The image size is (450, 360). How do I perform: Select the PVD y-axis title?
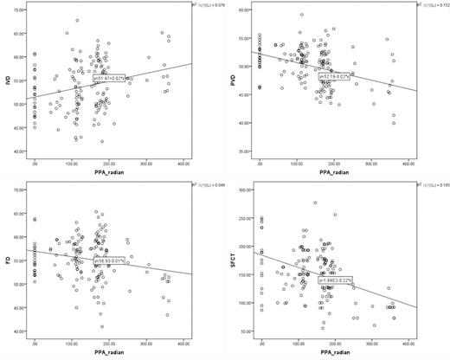(235, 80)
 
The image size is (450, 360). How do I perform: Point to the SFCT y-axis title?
(235, 260)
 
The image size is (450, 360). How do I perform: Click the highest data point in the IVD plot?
(77, 21)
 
